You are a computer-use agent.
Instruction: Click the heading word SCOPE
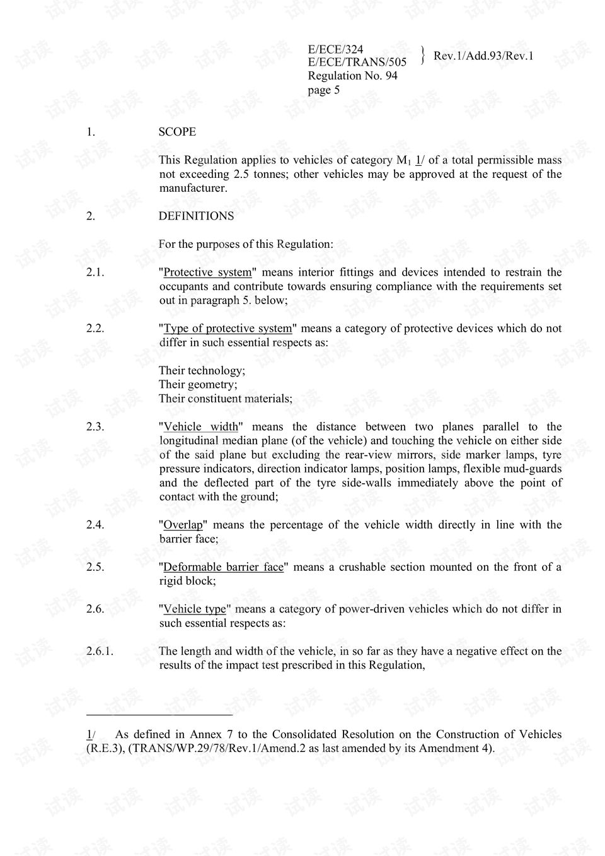click(x=177, y=132)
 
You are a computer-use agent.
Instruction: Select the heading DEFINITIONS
click(x=196, y=216)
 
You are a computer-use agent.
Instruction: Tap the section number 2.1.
click(x=95, y=273)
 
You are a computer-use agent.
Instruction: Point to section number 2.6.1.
click(x=100, y=651)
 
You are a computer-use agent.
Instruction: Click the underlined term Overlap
click(x=183, y=525)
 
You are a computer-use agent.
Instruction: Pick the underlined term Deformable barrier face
click(x=223, y=567)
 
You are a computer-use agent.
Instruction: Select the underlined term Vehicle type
click(x=194, y=609)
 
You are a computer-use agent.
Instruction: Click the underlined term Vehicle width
click(x=200, y=427)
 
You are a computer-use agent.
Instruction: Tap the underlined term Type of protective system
click(x=228, y=329)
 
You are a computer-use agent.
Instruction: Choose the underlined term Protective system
click(x=207, y=273)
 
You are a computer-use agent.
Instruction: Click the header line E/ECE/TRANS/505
click(x=357, y=62)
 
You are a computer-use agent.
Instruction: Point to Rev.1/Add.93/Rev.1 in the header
click(x=483, y=56)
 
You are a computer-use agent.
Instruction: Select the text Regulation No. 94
click(x=352, y=76)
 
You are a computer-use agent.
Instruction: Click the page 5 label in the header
click(x=323, y=90)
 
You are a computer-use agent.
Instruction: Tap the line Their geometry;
click(x=198, y=385)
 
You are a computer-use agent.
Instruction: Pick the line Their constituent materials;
click(x=225, y=399)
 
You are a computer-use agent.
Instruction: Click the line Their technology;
click(x=202, y=371)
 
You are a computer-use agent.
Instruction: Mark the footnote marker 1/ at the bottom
click(x=90, y=734)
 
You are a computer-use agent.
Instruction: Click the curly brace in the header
click(x=422, y=55)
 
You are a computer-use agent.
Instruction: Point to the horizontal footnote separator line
click(x=159, y=715)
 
